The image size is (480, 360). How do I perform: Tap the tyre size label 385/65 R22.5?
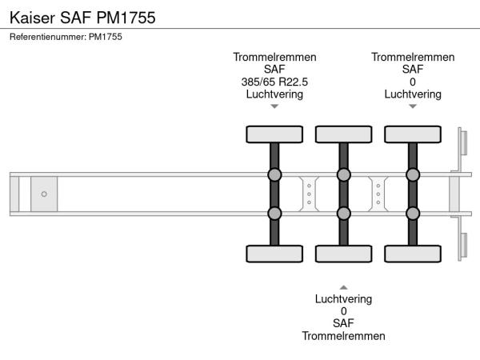pyautogui.click(x=274, y=82)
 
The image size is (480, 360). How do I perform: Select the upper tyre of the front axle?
pyautogui.click(x=274, y=134)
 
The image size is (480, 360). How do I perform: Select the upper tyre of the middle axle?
pyautogui.click(x=343, y=134)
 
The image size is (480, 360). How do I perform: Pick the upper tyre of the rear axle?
pyautogui.click(x=413, y=134)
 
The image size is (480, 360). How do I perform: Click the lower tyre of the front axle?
pyautogui.click(x=274, y=254)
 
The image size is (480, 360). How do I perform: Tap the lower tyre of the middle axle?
pyautogui.click(x=343, y=254)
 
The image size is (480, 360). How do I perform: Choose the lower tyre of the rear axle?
pyautogui.click(x=413, y=254)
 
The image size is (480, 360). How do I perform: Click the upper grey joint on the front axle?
pyautogui.click(x=274, y=174)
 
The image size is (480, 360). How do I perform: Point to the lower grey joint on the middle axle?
pyautogui.click(x=343, y=213)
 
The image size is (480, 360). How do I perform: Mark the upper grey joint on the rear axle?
pyautogui.click(x=413, y=174)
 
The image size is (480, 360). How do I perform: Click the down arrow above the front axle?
pyautogui.click(x=274, y=106)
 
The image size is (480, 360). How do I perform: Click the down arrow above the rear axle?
pyautogui.click(x=413, y=106)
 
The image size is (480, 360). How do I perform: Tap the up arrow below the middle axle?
pyautogui.click(x=343, y=286)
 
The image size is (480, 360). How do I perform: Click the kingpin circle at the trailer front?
pyautogui.click(x=44, y=194)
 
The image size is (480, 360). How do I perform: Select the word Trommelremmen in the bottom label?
pyautogui.click(x=343, y=336)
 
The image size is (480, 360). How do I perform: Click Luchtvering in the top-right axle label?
pyautogui.click(x=413, y=94)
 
